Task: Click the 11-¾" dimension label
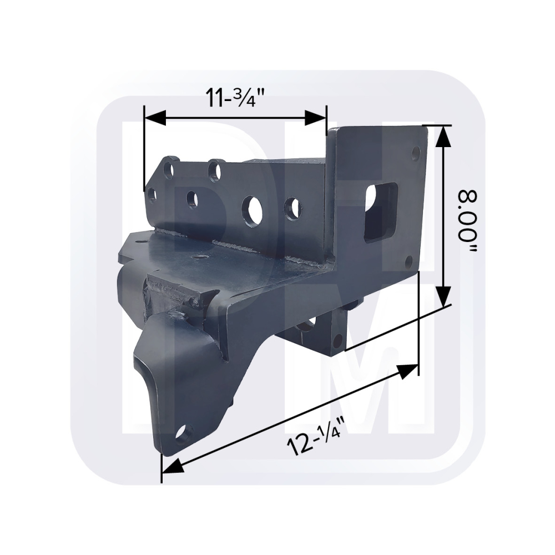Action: click(236, 99)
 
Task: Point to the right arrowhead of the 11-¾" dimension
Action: click(315, 118)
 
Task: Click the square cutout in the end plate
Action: click(381, 212)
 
